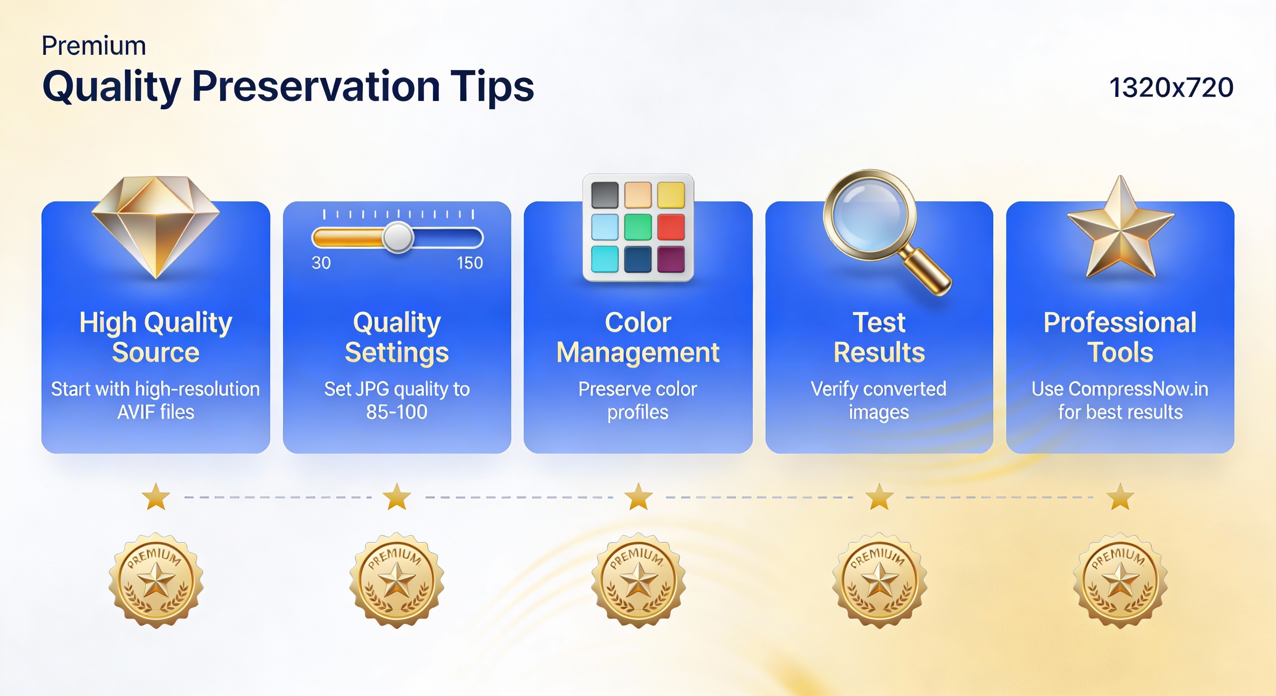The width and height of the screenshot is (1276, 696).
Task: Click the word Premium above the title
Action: (x=94, y=46)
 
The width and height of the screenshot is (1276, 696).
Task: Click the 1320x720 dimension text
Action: (x=1171, y=88)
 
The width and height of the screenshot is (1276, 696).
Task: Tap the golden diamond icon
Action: (x=155, y=227)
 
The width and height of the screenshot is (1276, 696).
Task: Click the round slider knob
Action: (x=398, y=238)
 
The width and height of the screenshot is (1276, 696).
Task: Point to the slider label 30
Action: (x=321, y=262)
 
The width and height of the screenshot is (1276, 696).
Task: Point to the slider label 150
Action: (x=469, y=262)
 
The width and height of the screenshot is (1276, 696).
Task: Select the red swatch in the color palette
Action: (x=671, y=227)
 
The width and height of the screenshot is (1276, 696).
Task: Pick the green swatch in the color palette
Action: (x=638, y=227)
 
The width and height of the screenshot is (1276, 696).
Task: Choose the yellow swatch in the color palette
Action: (x=671, y=195)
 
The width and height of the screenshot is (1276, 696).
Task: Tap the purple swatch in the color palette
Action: (x=671, y=259)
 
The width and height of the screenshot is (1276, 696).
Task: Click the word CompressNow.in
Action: (x=1138, y=389)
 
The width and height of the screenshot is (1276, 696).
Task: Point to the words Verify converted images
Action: (x=879, y=400)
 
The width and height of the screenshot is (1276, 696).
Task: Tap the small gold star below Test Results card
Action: (x=879, y=497)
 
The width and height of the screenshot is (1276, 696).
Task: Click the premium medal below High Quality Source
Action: (x=156, y=580)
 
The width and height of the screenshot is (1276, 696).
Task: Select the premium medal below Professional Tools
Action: (x=1120, y=580)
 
